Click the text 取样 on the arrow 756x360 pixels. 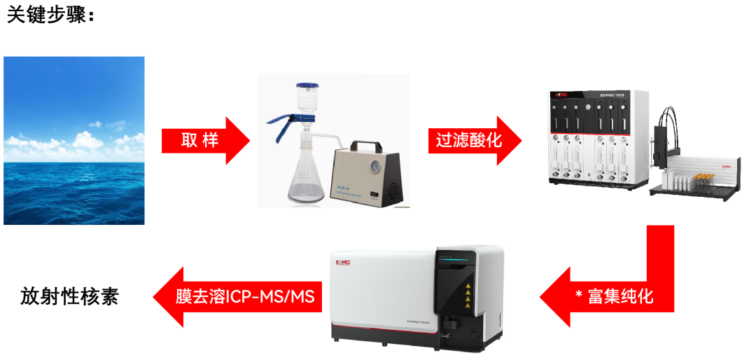[200, 140]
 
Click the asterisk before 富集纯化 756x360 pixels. [579, 296]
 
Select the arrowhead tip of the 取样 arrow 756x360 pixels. [248, 140]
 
